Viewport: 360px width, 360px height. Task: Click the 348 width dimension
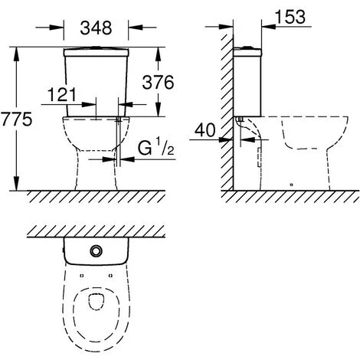click(96, 28)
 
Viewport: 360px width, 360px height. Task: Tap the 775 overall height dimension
click(16, 119)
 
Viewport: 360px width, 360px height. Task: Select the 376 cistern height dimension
click(158, 83)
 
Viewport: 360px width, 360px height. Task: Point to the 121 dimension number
click(62, 95)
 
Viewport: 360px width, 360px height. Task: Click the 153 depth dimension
click(290, 17)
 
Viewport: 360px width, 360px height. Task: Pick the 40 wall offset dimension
click(205, 130)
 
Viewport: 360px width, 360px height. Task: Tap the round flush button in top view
click(96, 251)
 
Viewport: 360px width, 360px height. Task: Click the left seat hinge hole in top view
click(81, 276)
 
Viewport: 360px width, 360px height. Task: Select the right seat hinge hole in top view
click(110, 276)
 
